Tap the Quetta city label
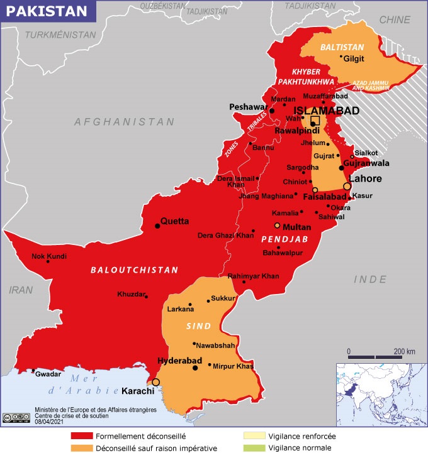(174, 221)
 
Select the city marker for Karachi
(155, 382)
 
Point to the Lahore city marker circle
(347, 187)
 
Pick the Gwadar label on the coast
(48, 374)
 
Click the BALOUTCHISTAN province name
(134, 270)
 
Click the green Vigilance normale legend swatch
(254, 448)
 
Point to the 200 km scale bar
(375, 356)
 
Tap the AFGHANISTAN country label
(124, 122)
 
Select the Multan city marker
(276, 226)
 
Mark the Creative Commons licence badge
(16, 417)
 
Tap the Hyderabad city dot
(194, 368)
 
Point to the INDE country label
(370, 279)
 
